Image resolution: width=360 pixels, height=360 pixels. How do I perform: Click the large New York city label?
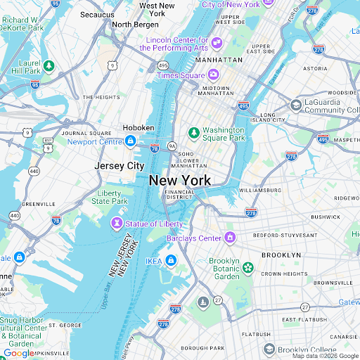179,181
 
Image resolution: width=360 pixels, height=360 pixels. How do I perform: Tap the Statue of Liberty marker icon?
117,224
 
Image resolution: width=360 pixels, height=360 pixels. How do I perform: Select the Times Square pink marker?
213,75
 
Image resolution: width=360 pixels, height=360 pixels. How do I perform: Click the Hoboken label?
138,127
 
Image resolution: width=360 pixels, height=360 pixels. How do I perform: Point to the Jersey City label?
119,166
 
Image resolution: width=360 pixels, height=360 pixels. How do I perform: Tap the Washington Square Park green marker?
193,132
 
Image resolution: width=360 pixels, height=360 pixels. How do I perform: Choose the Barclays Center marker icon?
229,238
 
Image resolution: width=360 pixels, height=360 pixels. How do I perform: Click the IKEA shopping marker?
170,262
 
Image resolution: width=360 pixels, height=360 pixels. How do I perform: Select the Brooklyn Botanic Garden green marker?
247,267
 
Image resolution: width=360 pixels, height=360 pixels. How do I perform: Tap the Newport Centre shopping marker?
130,141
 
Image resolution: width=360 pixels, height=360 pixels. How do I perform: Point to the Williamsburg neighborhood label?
260,190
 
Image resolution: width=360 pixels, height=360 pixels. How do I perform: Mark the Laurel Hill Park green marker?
49,66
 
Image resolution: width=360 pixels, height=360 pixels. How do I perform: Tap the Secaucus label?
97,14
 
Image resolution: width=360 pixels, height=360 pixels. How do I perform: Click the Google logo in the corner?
18,353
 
